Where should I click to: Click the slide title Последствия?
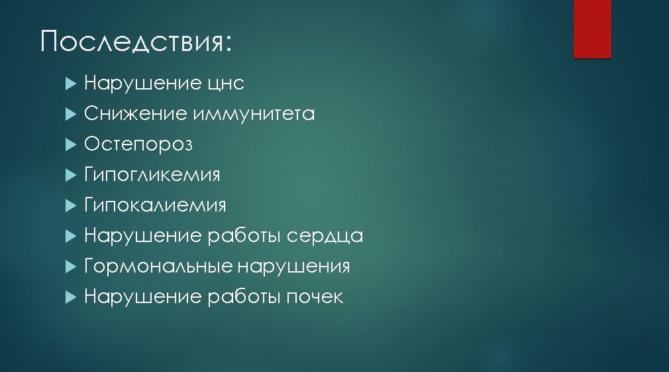136,42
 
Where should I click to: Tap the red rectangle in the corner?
592,29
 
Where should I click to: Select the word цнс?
226,84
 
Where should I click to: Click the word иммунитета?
254,113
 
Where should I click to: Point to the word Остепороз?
138,145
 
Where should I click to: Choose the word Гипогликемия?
152,174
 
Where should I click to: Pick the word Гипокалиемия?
155,205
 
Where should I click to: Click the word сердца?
325,236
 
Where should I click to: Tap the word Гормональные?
158,267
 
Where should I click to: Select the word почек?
315,297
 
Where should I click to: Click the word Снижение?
135,113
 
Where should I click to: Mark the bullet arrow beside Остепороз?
71,145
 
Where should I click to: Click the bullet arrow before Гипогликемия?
71,175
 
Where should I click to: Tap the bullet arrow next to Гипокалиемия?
71,206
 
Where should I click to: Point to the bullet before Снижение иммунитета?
71,114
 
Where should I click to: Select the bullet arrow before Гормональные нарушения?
71,267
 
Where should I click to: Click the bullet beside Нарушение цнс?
71,84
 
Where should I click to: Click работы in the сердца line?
244,236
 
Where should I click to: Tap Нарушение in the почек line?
142,297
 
